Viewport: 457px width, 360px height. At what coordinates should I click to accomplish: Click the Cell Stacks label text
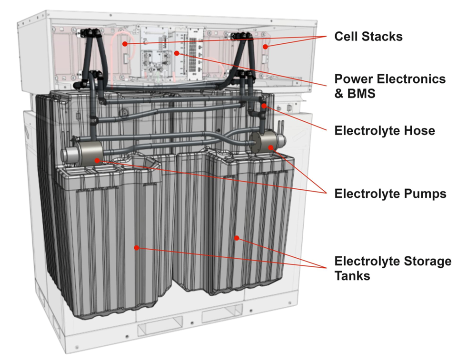(x=368, y=37)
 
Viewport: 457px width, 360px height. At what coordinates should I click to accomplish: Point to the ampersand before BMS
(x=339, y=93)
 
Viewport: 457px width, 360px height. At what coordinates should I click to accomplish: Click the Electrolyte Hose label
(x=385, y=130)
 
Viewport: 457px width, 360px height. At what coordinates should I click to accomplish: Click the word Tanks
(x=352, y=275)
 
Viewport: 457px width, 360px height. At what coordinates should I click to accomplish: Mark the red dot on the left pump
(x=97, y=160)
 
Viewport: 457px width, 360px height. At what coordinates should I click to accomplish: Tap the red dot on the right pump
(x=270, y=147)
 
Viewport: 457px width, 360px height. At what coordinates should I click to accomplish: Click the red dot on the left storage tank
(x=137, y=247)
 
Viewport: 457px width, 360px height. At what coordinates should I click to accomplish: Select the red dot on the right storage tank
(x=237, y=237)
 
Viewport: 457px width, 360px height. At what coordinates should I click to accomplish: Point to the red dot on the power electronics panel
(x=177, y=53)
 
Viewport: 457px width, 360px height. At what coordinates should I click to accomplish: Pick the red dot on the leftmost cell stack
(x=124, y=44)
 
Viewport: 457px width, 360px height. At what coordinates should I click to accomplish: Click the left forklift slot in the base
(x=155, y=329)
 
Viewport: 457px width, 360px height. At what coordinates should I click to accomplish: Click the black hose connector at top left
(x=89, y=33)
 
